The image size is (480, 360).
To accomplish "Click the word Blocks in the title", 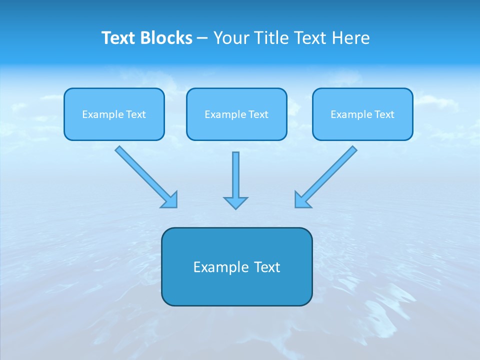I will pos(166,38).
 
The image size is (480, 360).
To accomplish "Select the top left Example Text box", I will pos(114,114).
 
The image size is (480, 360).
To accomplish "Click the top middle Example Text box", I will pos(236,114).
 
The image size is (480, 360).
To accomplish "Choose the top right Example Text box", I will pos(362,114).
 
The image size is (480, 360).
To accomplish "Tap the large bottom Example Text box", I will pos(236,266).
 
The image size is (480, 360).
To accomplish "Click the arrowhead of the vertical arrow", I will pos(235,202).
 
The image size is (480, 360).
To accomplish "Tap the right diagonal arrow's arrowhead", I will pos(301,200).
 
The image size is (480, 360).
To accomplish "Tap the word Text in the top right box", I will pos(384,114).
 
